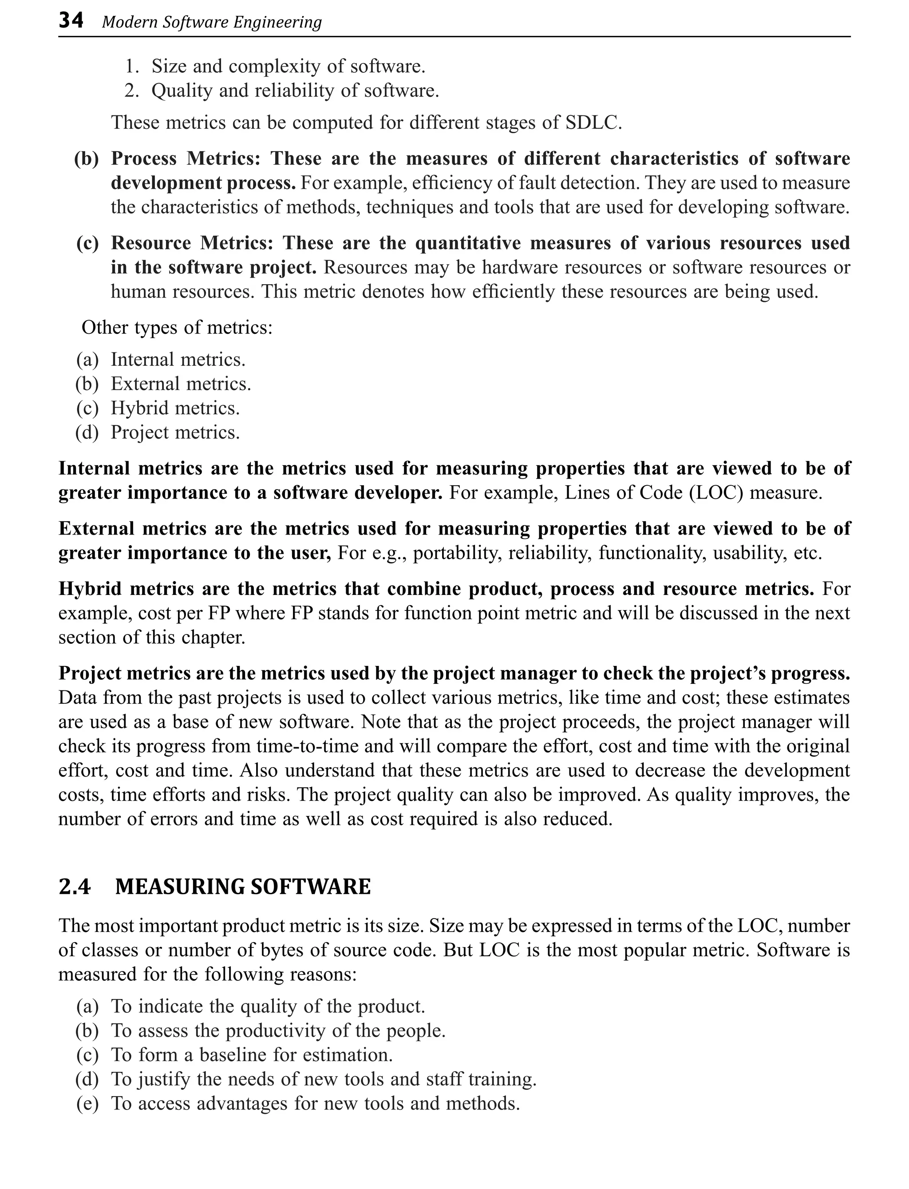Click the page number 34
pos(71,21)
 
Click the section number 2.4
pos(75,887)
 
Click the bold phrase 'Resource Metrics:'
pos(192,243)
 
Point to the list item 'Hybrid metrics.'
pos(175,408)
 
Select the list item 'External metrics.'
pos(181,384)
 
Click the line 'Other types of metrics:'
pos(177,327)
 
